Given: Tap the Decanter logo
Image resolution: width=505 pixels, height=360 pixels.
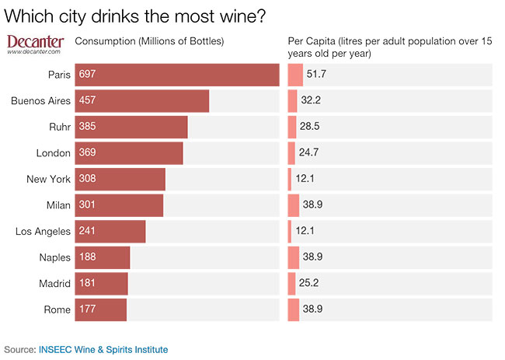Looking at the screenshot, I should (x=35, y=44).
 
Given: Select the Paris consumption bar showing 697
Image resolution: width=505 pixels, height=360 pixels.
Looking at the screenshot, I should (x=176, y=75).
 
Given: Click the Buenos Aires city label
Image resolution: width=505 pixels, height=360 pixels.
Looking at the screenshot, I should (x=41, y=101).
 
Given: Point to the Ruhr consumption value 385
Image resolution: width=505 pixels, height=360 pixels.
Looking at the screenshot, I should (x=87, y=127).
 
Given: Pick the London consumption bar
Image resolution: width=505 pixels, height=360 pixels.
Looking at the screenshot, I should (x=128, y=153).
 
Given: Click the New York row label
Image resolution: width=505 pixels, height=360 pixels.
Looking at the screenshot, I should (x=48, y=180).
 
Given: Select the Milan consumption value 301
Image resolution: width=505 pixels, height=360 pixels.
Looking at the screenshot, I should (x=87, y=205).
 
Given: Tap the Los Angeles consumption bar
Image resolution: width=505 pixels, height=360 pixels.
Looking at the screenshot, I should (x=110, y=232).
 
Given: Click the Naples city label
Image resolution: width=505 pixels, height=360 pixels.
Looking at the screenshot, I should (x=54, y=257).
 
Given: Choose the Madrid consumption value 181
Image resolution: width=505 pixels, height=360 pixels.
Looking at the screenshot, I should (x=87, y=284).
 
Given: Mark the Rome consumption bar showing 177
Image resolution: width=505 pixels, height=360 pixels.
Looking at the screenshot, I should (x=100, y=309).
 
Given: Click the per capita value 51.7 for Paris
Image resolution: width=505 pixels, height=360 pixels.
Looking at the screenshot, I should (x=316, y=75).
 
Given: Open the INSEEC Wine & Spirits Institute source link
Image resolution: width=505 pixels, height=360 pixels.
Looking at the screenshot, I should (x=103, y=350).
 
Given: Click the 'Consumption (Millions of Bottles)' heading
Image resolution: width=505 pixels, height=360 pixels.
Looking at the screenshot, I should (x=148, y=41).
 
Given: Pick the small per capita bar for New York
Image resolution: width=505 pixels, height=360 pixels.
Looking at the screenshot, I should (x=290, y=180).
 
